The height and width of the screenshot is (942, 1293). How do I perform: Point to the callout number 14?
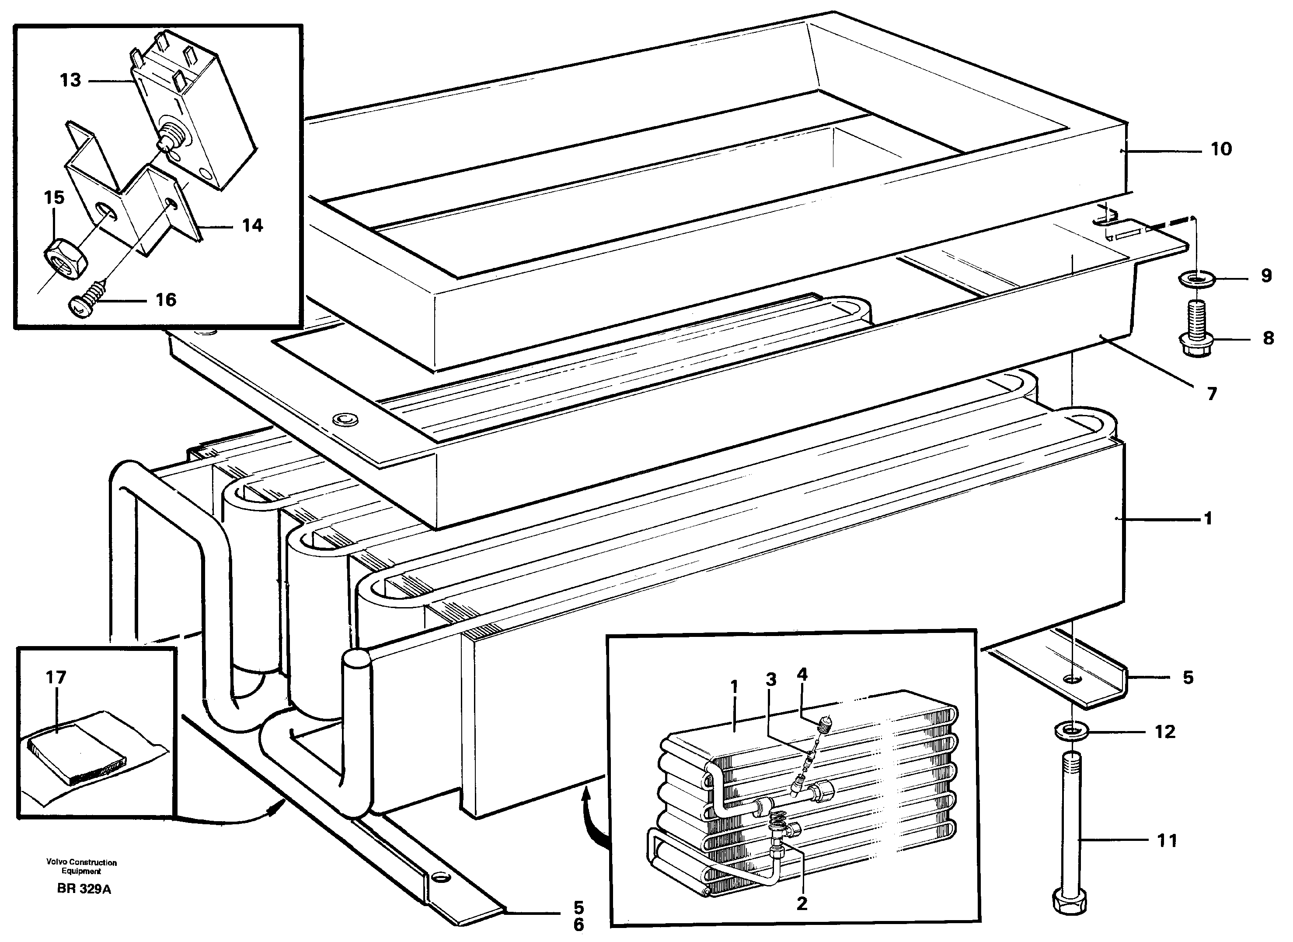point(252,225)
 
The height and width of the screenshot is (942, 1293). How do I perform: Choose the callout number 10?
point(1221,150)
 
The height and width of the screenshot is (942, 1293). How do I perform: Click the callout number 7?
point(1212,394)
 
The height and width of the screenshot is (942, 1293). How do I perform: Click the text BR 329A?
point(84,889)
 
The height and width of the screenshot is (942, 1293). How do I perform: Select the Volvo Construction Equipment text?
point(81,867)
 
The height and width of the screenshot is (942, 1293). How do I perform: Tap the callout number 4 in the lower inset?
point(802,675)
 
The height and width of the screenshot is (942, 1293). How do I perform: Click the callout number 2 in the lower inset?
point(802,904)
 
